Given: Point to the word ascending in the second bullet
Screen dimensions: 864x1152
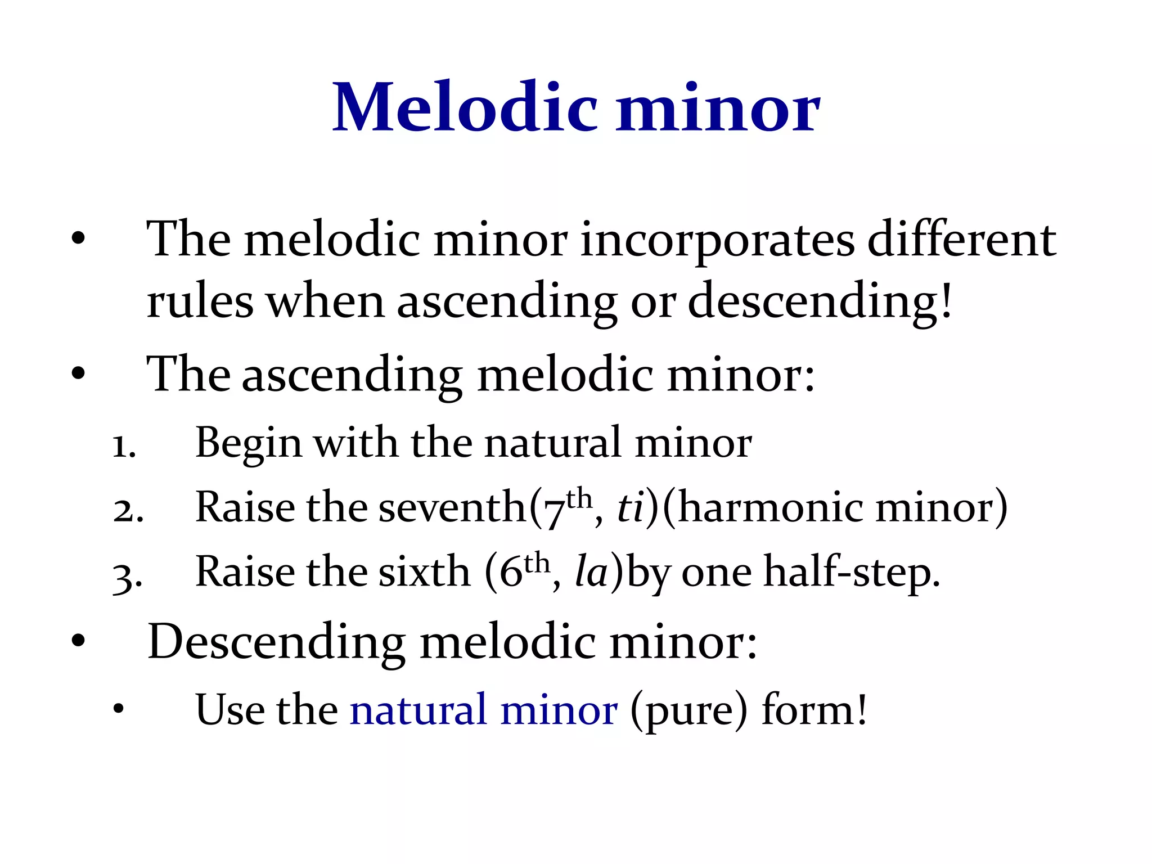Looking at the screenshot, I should point(352,376).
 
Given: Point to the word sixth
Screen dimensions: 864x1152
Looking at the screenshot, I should point(424,572).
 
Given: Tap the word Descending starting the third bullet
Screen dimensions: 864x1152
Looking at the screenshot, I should point(276,643).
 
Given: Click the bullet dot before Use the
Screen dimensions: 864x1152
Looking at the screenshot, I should point(118,710).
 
